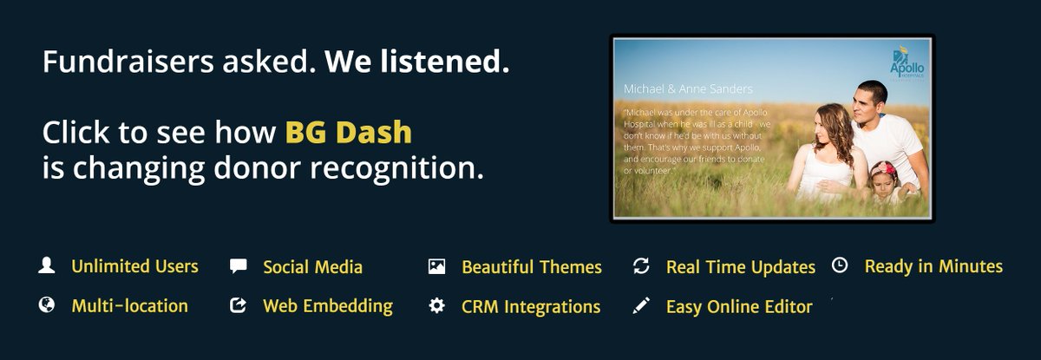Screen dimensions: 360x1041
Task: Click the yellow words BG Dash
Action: pyautogui.click(x=349, y=133)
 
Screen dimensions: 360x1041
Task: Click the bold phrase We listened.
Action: pyautogui.click(x=416, y=62)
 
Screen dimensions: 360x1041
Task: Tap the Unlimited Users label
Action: pyautogui.click(x=134, y=266)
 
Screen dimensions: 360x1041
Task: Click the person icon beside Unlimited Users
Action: pyautogui.click(x=47, y=265)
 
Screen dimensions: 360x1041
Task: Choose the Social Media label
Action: pyautogui.click(x=312, y=267)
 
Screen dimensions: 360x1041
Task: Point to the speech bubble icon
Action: pyautogui.click(x=238, y=266)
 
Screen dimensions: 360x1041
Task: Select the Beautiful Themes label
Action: pyautogui.click(x=531, y=267)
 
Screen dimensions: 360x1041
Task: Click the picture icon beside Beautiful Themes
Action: pyautogui.click(x=436, y=266)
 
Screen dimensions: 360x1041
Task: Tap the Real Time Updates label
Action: pyautogui.click(x=740, y=267)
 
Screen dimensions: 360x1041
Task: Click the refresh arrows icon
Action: pyautogui.click(x=641, y=266)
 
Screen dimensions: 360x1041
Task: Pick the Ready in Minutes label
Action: pyautogui.click(x=933, y=266)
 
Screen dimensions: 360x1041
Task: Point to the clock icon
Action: pyautogui.click(x=839, y=265)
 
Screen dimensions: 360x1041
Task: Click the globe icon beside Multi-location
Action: pyautogui.click(x=47, y=305)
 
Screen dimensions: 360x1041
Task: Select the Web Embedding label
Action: pyautogui.click(x=327, y=306)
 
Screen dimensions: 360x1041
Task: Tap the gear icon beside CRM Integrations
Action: pyautogui.click(x=436, y=305)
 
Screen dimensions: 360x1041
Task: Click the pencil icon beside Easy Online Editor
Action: pyautogui.click(x=641, y=305)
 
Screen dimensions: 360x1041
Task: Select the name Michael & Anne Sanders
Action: pyautogui.click(x=688, y=88)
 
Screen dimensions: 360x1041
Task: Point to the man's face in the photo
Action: pyautogui.click(x=868, y=103)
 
